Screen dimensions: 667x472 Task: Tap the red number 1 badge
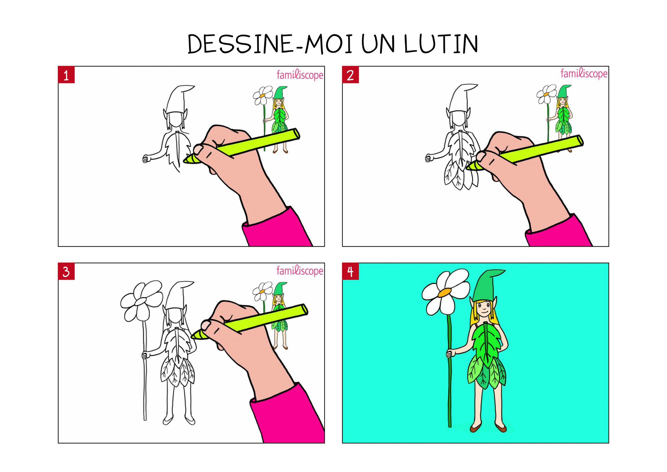[x=66, y=75]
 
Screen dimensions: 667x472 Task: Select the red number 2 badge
[x=350, y=75]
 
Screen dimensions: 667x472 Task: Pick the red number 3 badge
[x=66, y=272]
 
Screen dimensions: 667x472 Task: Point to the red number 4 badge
[x=350, y=272]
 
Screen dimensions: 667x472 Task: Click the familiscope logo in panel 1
[x=300, y=75]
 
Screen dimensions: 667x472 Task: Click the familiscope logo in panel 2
[x=584, y=74]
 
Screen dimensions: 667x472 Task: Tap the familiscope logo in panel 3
[x=300, y=271]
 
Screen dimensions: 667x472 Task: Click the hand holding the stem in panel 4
[x=450, y=354]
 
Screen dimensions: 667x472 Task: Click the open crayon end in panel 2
[x=579, y=141]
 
